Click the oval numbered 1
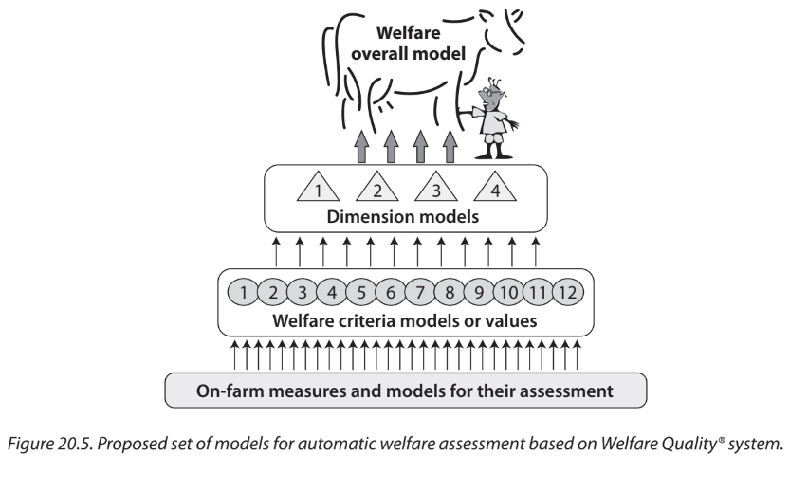coord(246,291)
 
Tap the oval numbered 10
coord(509,291)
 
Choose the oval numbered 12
coord(566,291)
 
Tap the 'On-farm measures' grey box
coord(405,389)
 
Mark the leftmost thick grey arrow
coord(360,147)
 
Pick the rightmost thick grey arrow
coord(450,147)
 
